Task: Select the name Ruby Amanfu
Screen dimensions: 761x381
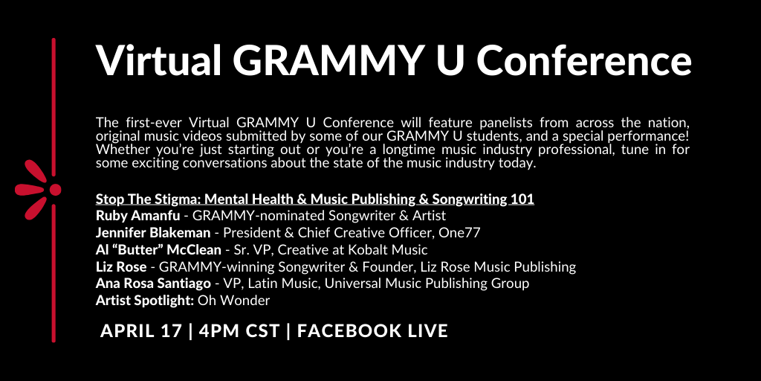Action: (137, 215)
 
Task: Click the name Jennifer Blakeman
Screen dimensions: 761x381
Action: (153, 233)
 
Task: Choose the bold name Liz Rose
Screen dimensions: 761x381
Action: (121, 267)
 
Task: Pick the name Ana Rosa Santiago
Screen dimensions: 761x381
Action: (153, 284)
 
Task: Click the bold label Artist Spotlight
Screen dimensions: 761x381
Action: (145, 301)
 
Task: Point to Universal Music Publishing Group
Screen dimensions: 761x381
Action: (427, 284)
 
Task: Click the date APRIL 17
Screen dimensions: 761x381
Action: (141, 331)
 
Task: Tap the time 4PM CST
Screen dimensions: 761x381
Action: (239, 331)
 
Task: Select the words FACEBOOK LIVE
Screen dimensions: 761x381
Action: (372, 331)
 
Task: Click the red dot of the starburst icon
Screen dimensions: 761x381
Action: (55, 190)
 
